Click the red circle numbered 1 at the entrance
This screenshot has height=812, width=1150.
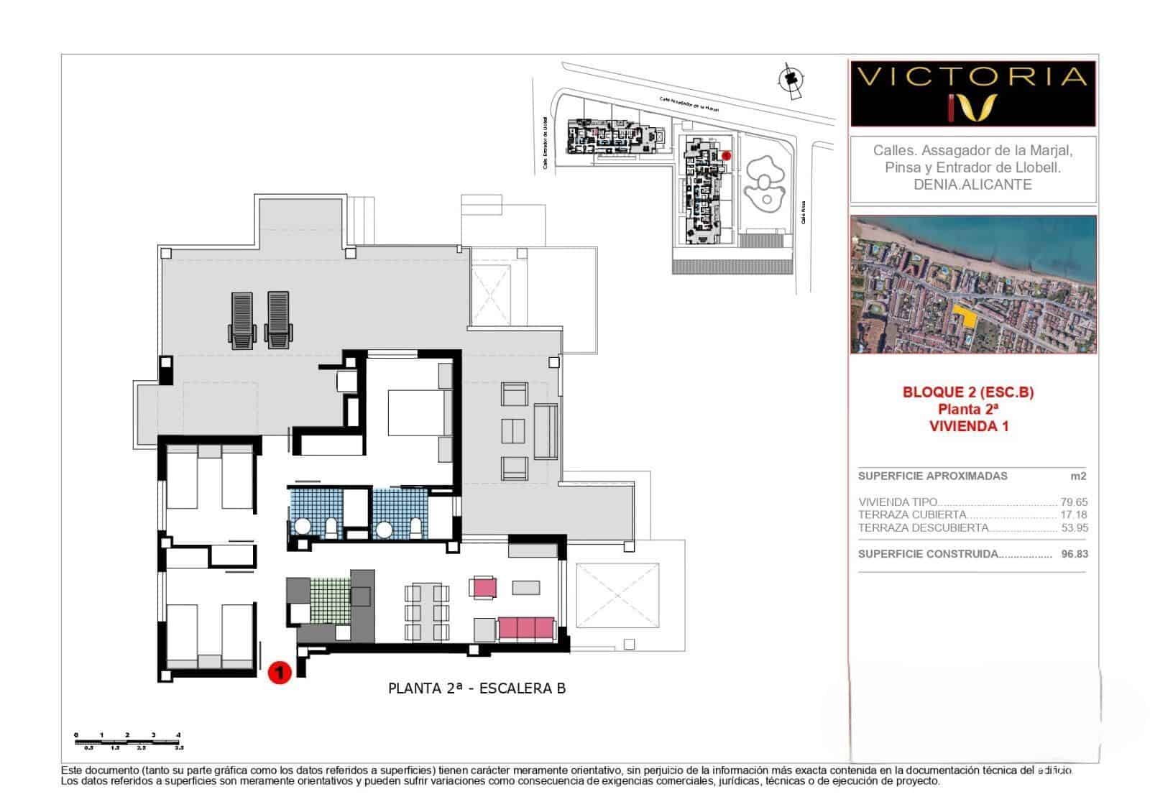279,673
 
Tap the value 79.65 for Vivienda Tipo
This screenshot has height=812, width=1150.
1074,502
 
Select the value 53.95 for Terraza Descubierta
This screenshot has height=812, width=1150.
1075,527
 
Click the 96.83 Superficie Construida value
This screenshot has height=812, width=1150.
1074,554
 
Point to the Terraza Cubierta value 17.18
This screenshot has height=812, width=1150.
1074,515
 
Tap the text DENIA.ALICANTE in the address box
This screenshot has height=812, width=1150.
972,185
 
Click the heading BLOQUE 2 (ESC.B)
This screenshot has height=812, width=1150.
967,392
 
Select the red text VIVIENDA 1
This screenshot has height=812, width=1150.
968,426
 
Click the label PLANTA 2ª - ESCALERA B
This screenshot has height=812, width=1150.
477,688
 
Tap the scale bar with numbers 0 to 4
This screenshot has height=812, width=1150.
128,740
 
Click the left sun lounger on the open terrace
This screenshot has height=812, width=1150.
241,319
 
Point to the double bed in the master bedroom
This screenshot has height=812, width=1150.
418,412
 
